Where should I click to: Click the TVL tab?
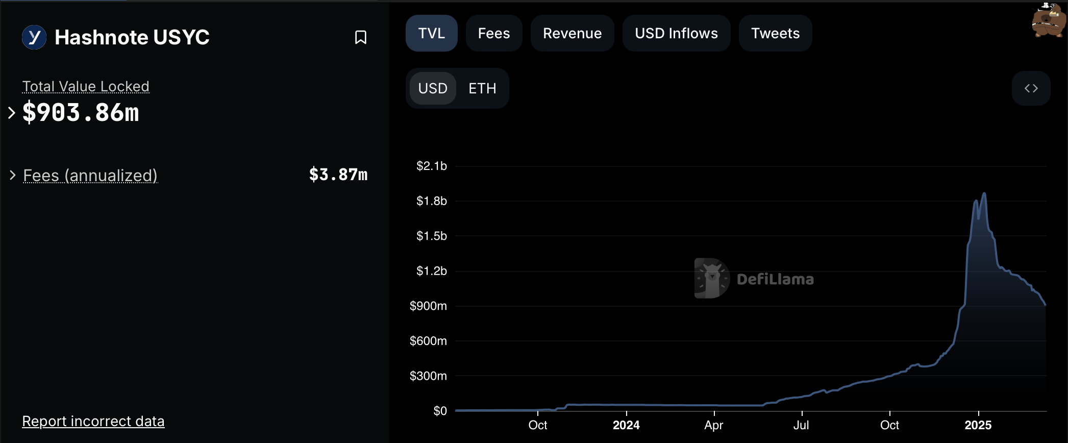pos(431,33)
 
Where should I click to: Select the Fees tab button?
pos(493,33)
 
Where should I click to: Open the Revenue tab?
pos(572,33)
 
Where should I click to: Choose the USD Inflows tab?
pos(676,33)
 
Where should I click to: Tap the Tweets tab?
pos(775,33)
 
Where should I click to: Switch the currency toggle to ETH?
pos(482,88)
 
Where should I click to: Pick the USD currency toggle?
pos(433,88)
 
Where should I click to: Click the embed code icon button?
pos(1031,88)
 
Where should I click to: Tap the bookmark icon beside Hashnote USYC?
pos(361,37)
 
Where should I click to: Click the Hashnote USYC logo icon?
pos(34,37)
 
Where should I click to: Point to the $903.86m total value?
pos(81,112)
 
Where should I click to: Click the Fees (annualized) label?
pos(90,175)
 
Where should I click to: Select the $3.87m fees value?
pos(338,175)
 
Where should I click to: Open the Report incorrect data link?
pos(93,421)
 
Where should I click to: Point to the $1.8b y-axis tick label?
pos(431,201)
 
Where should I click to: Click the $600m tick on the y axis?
pos(428,340)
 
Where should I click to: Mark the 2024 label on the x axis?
pos(626,425)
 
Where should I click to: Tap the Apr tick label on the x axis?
pos(713,425)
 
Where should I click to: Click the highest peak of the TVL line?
pos(984,193)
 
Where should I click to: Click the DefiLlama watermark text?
pos(775,279)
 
